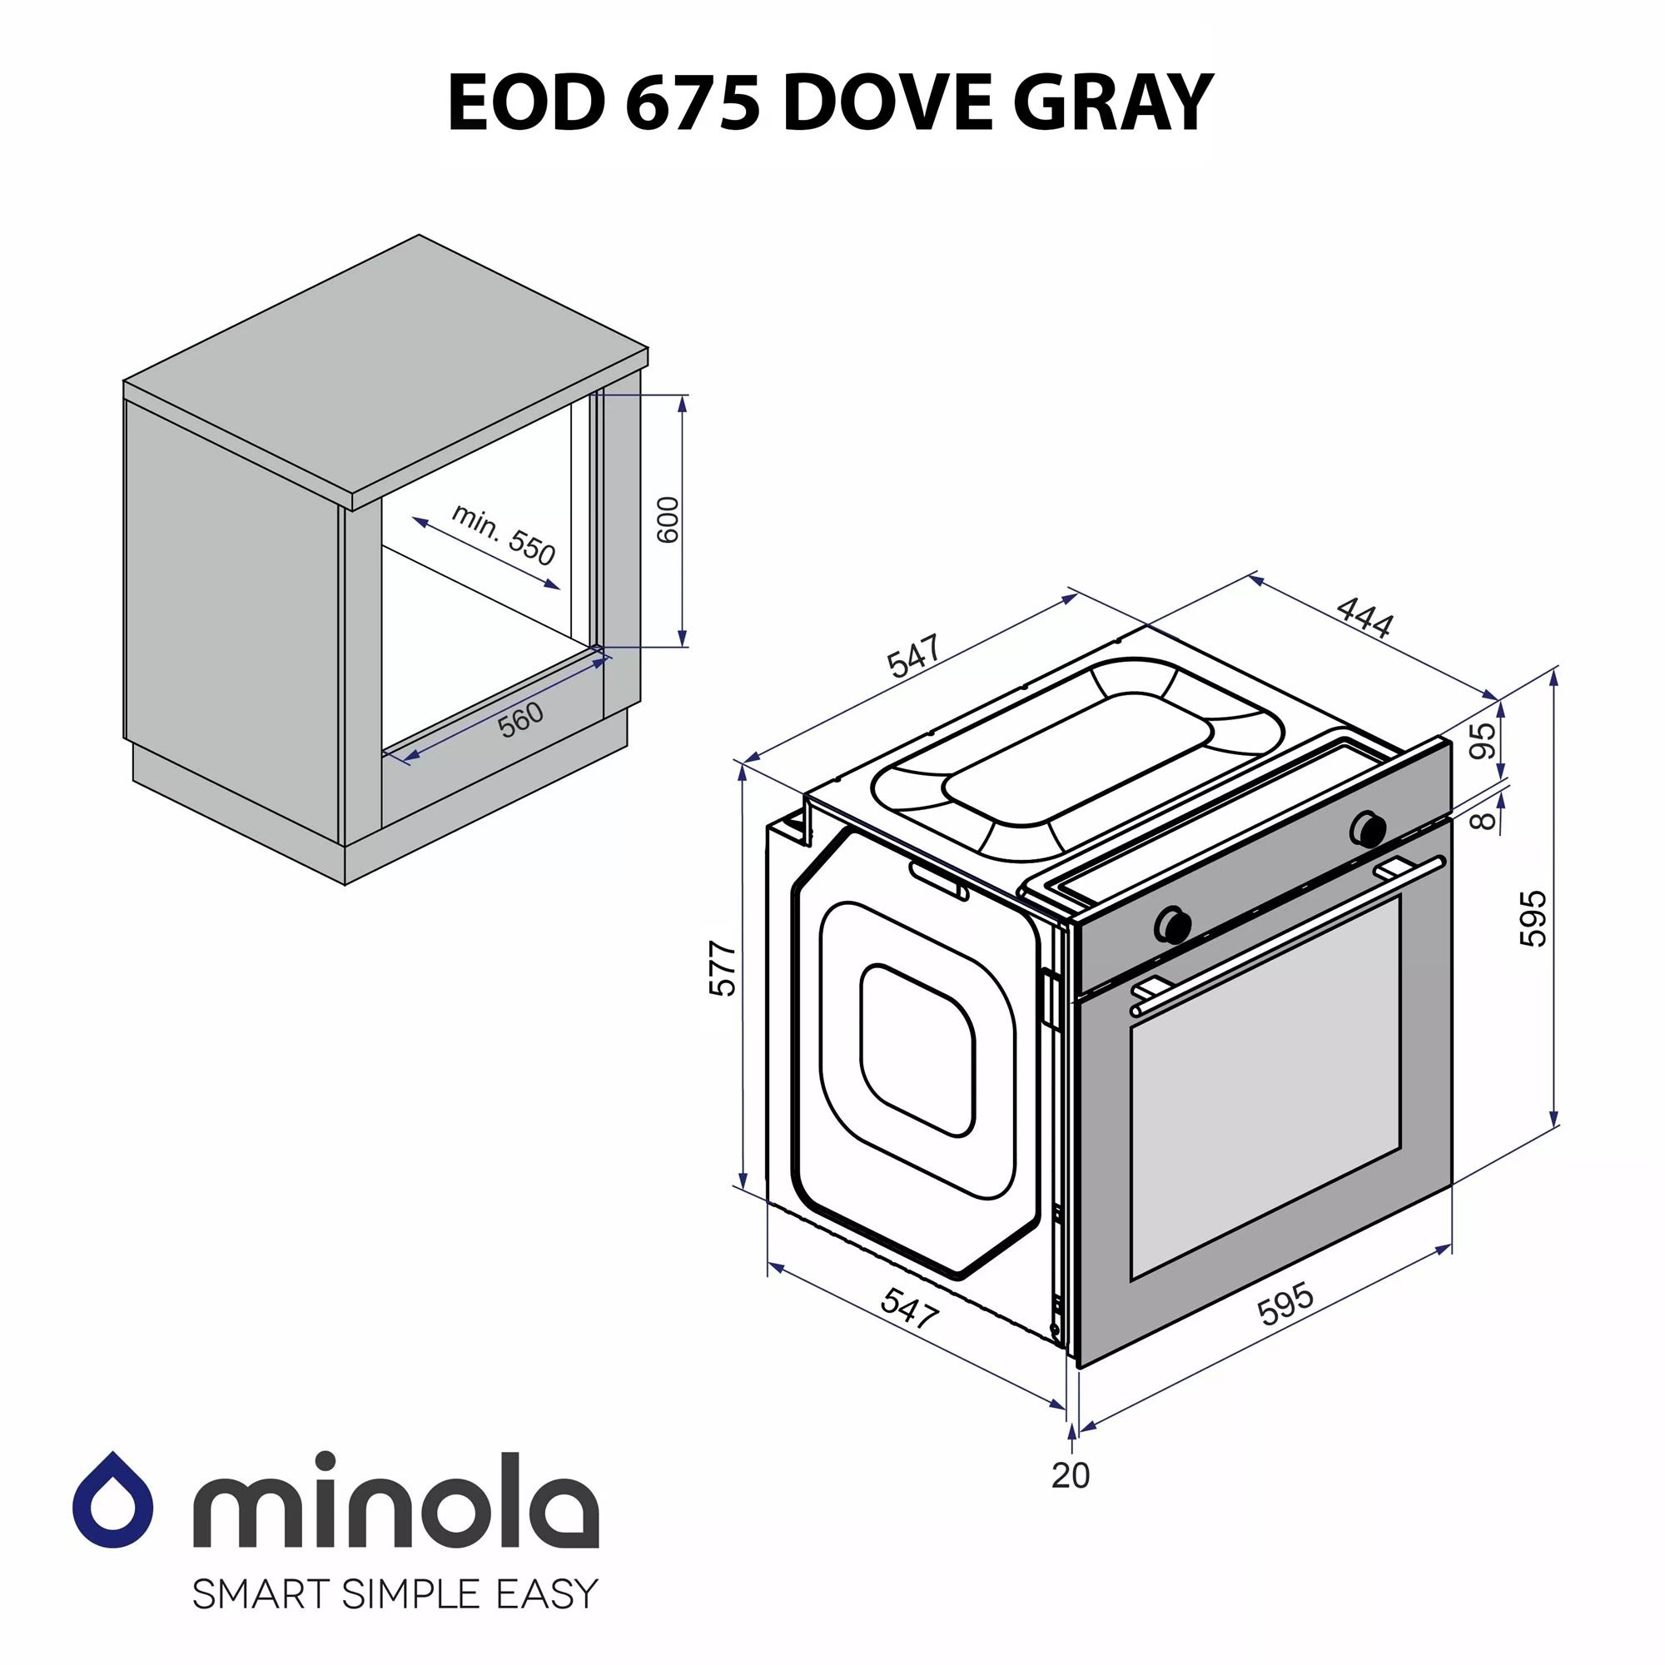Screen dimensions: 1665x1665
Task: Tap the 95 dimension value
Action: (x=1483, y=740)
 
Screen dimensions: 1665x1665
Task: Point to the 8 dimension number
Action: (x=1484, y=818)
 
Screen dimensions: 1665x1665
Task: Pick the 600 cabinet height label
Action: (x=668, y=519)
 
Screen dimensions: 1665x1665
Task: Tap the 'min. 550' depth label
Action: (x=504, y=535)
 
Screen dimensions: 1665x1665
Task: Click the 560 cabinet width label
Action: (x=521, y=719)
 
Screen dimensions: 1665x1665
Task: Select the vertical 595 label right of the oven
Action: (x=1533, y=920)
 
